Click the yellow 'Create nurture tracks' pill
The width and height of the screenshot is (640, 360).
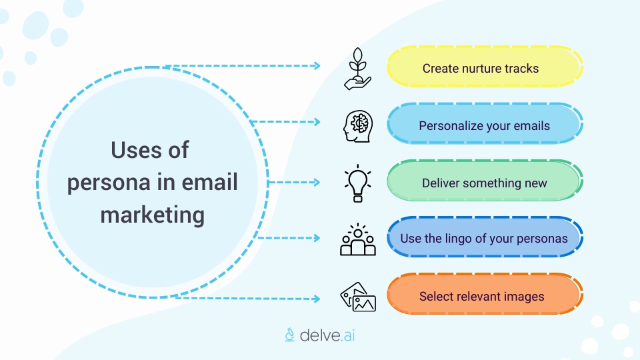[485, 68]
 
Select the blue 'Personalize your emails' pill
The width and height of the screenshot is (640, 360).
[485, 125]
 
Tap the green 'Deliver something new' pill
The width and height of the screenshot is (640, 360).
[485, 183]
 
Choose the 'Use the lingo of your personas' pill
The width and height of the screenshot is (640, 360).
[485, 239]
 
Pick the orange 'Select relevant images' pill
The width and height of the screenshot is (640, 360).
[485, 297]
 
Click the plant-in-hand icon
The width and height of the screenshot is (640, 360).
[358, 68]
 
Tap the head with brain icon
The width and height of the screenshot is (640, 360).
[358, 125]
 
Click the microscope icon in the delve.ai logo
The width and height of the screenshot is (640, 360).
[290, 334]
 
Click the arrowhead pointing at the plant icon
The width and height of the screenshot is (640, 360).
[317, 66]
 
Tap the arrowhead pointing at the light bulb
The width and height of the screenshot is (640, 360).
[317, 182]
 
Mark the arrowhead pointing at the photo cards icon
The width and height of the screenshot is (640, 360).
[317, 299]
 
